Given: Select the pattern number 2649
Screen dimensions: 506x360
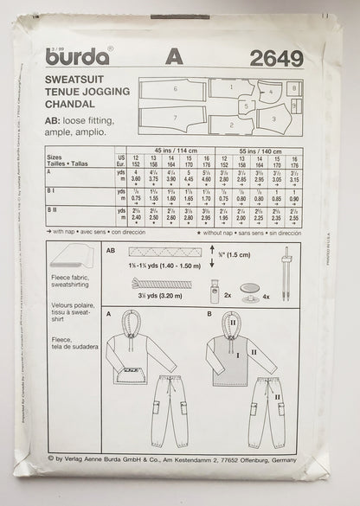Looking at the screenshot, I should (274, 59).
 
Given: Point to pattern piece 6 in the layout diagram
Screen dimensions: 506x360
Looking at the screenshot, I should (174, 89).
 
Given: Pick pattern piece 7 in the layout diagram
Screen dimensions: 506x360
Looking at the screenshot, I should (174, 118).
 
